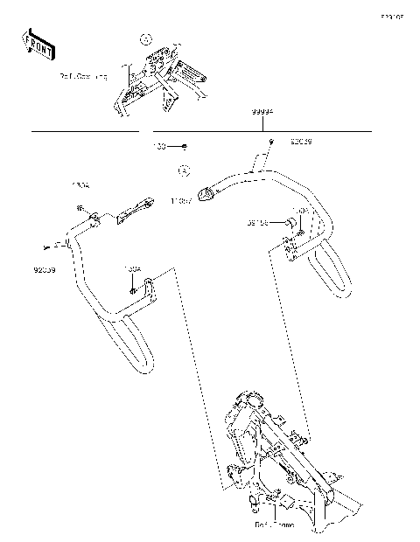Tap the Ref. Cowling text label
[83, 77]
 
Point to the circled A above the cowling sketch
[146, 38]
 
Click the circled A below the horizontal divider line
[184, 170]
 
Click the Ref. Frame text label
[274, 525]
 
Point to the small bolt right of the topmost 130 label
[185, 145]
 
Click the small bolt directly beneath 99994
[271, 142]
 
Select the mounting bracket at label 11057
[207, 193]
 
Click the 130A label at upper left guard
[80, 186]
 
